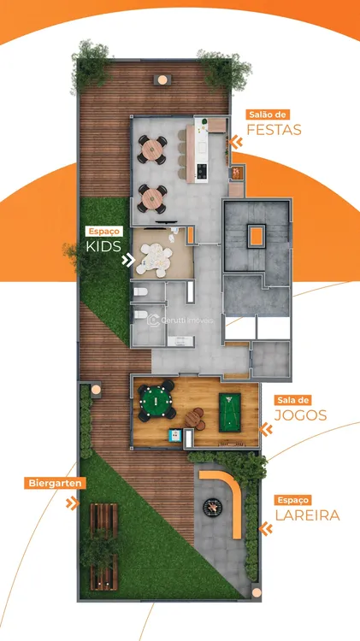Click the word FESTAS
pos(274,130)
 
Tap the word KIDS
pos(103,246)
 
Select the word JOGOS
pos(301,415)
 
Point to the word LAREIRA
pos(307,515)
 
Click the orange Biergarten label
pos(56,483)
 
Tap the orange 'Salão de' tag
pos(268,114)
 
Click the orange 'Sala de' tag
pos(293,400)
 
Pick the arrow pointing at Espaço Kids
pos(128,260)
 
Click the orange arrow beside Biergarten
pos(73,503)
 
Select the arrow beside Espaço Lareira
pos(266,529)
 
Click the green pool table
pos(229,413)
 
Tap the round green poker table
pos(156,401)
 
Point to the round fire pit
pos(213,507)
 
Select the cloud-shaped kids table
pos(154,259)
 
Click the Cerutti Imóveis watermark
pos(180,320)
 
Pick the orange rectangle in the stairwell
pos(257,236)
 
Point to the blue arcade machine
pos(175,435)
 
